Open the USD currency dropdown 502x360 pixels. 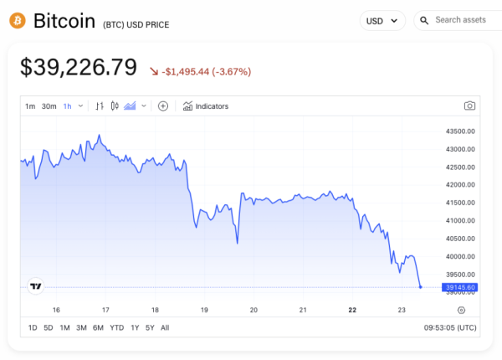coord(382,20)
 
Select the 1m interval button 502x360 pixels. coord(30,106)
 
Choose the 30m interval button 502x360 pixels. coord(49,106)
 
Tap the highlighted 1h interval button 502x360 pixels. coord(68,106)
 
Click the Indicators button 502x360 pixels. coord(205,106)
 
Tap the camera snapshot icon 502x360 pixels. coord(469,106)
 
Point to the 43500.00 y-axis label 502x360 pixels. coord(461,131)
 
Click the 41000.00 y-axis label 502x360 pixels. coord(461,220)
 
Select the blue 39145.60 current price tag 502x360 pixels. coord(460,287)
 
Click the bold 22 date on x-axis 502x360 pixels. coord(352,310)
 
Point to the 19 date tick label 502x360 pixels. coord(204,310)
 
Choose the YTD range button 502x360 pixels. coord(116,327)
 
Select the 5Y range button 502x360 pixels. coord(149,327)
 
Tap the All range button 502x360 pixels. coord(165,327)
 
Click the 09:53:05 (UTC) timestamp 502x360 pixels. coord(450,327)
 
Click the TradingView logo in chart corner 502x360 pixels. coord(35,286)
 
